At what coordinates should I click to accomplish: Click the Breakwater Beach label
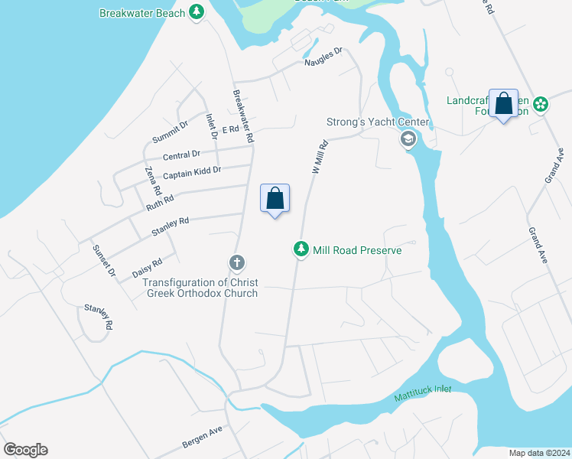(143, 13)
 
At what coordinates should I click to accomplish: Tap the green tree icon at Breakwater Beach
(197, 12)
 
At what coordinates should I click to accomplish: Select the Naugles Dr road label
(323, 58)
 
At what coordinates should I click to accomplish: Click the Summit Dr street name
(169, 132)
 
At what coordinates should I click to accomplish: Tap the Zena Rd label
(154, 180)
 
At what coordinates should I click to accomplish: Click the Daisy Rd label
(147, 267)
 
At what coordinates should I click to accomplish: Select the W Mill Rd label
(320, 157)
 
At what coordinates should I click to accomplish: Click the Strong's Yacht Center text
(378, 122)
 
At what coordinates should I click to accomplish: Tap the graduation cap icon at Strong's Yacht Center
(408, 139)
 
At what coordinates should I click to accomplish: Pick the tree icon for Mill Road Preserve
(301, 249)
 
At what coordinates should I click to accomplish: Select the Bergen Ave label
(202, 438)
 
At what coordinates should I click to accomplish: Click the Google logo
(24, 450)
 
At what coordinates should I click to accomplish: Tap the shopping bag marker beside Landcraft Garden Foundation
(504, 103)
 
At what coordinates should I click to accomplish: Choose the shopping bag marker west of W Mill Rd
(275, 198)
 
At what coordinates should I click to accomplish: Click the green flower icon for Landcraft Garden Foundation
(541, 104)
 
